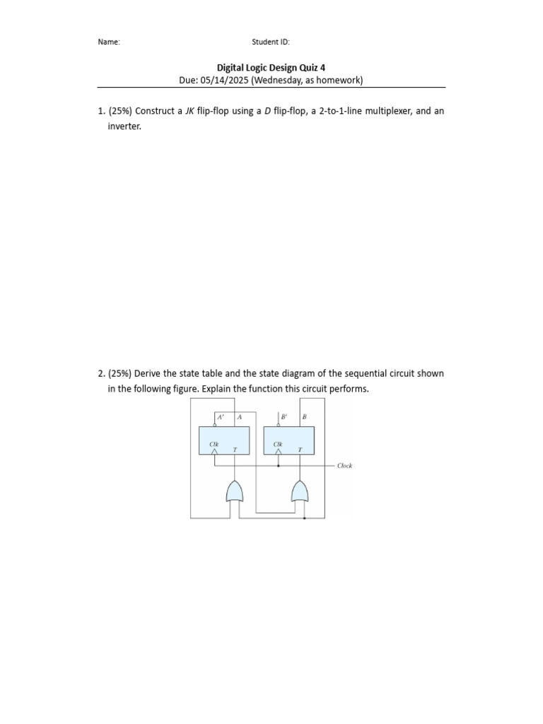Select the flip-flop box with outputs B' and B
(289, 440)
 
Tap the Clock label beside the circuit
(344, 466)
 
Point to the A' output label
(219, 417)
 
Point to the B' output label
(284, 417)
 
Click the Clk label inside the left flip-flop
(214, 444)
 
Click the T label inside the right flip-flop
(300, 449)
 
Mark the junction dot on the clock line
(278, 466)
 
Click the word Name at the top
(108, 42)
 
